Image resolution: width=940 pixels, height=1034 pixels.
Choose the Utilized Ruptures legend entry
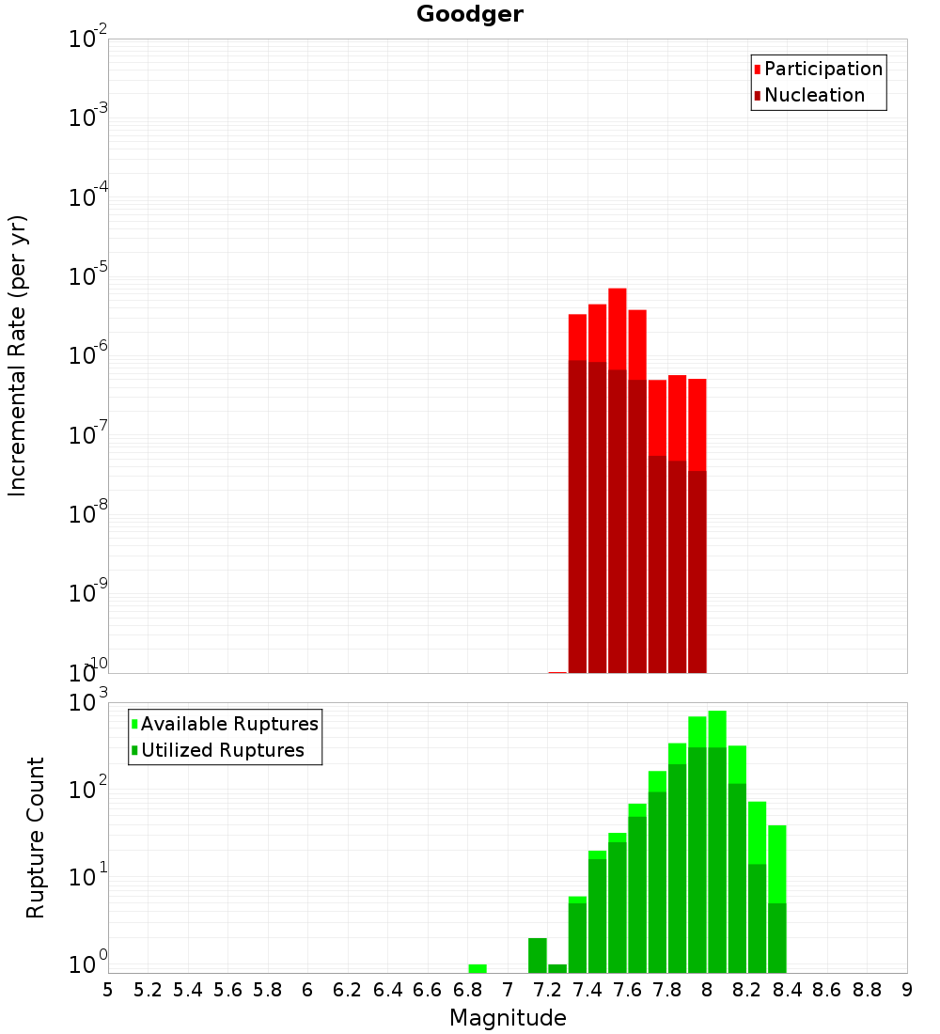222,750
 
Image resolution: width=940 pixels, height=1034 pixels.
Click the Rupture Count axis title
36,838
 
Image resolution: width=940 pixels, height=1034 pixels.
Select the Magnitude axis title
508,1018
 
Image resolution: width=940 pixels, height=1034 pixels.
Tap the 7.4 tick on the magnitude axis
587,990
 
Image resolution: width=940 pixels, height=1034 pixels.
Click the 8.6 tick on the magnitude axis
827,990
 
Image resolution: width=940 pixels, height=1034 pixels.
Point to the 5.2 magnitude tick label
148,990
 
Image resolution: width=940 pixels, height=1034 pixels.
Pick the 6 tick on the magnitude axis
307,990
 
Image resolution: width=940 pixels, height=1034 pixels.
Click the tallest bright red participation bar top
618,290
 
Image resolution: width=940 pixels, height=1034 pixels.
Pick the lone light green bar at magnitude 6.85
478,968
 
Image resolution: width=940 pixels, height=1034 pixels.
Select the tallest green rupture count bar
717,714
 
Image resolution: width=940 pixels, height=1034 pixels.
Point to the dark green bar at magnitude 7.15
538,954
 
